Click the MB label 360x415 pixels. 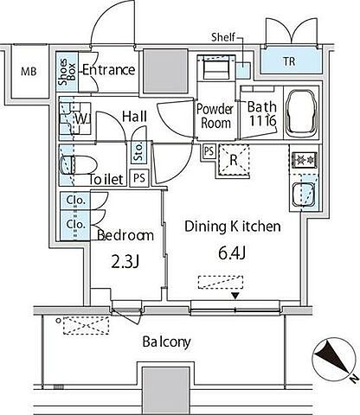[x=29, y=71]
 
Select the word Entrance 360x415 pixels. [x=109, y=70]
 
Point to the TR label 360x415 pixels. [x=289, y=61]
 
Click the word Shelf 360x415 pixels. [x=223, y=37]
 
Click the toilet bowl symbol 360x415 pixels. [x=78, y=165]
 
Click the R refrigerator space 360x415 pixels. [x=234, y=160]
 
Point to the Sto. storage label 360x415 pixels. [x=138, y=151]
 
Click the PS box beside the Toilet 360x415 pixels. [x=139, y=178]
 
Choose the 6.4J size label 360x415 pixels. [x=232, y=253]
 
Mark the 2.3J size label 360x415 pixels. [x=125, y=262]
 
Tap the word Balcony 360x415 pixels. [x=166, y=342]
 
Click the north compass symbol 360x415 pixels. [x=334, y=359]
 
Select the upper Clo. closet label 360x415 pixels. [x=76, y=200]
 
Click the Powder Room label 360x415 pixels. [x=215, y=116]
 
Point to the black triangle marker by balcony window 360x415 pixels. [x=235, y=296]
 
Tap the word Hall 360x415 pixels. [x=135, y=117]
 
